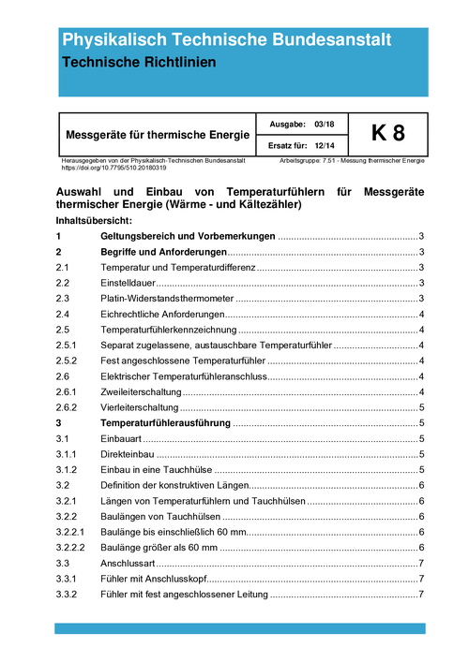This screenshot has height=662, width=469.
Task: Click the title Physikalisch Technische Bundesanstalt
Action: point(226,39)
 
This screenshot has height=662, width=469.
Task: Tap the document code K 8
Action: point(387,134)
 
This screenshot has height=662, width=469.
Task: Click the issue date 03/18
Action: point(325,125)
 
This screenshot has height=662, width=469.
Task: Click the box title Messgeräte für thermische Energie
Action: point(157,135)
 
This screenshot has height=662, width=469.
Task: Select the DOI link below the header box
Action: point(113,168)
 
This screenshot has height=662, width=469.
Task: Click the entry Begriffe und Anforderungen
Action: point(163,253)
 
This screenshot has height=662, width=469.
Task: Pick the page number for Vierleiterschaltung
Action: point(422,407)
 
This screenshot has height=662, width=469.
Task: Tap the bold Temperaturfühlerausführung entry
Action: point(165,423)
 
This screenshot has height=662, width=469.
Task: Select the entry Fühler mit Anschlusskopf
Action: point(159,579)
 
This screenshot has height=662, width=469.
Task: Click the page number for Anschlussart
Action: point(422,563)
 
